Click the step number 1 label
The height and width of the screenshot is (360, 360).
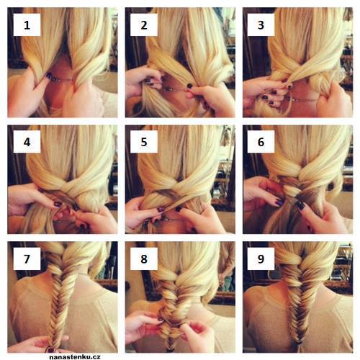[x=27, y=25]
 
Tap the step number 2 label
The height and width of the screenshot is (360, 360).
[x=144, y=25]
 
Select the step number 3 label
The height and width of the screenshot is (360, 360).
[x=261, y=25]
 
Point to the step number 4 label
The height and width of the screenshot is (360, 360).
[x=27, y=142]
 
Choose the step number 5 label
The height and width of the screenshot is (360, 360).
[x=144, y=142]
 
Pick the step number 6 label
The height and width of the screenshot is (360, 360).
[x=261, y=142]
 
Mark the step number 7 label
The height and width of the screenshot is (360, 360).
[x=27, y=258]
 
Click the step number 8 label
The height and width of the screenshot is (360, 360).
[x=144, y=258]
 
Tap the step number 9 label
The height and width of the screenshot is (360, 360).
[x=261, y=258]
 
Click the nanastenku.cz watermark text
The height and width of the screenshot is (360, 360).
[x=75, y=357]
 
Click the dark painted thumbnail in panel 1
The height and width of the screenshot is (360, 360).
[x=49, y=76]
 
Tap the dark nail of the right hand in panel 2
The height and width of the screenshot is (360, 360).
[x=189, y=86]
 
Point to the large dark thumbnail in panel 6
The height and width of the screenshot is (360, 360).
[x=300, y=205]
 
